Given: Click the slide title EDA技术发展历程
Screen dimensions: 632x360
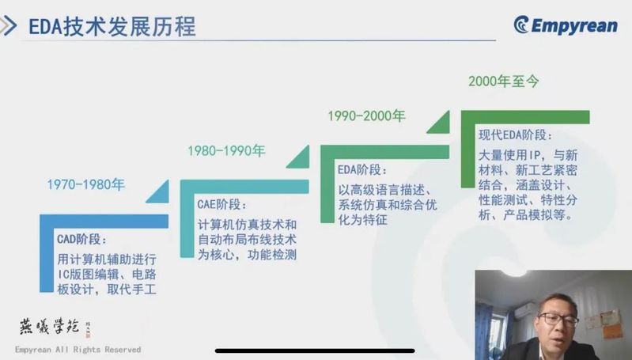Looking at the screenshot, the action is click(x=112, y=26).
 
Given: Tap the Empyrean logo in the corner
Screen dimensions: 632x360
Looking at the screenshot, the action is click(x=566, y=25).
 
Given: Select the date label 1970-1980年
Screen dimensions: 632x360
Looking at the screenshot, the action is click(x=86, y=184).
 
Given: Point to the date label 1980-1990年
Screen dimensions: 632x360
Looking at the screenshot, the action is click(x=226, y=151).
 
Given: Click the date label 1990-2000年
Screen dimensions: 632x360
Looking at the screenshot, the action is click(x=366, y=116).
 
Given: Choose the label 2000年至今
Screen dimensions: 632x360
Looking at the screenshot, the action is click(x=503, y=81).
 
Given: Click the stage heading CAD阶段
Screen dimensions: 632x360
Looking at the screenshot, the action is click(x=81, y=239).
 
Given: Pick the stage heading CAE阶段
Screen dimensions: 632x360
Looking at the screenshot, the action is click(x=221, y=204).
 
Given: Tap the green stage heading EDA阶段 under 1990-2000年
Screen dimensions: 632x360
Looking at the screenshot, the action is click(x=361, y=170).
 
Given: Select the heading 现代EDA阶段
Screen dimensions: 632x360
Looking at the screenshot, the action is click(x=515, y=135).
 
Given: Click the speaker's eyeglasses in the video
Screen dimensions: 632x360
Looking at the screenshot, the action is click(x=558, y=320).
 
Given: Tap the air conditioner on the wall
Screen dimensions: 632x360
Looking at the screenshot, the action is click(x=524, y=311).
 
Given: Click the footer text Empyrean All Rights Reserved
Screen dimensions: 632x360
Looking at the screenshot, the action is click(x=78, y=350).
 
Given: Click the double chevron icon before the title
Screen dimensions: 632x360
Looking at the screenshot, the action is click(x=9, y=26).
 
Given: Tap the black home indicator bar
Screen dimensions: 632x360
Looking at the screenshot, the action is click(x=315, y=351).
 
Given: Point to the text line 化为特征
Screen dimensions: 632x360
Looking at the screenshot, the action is click(x=362, y=220).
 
